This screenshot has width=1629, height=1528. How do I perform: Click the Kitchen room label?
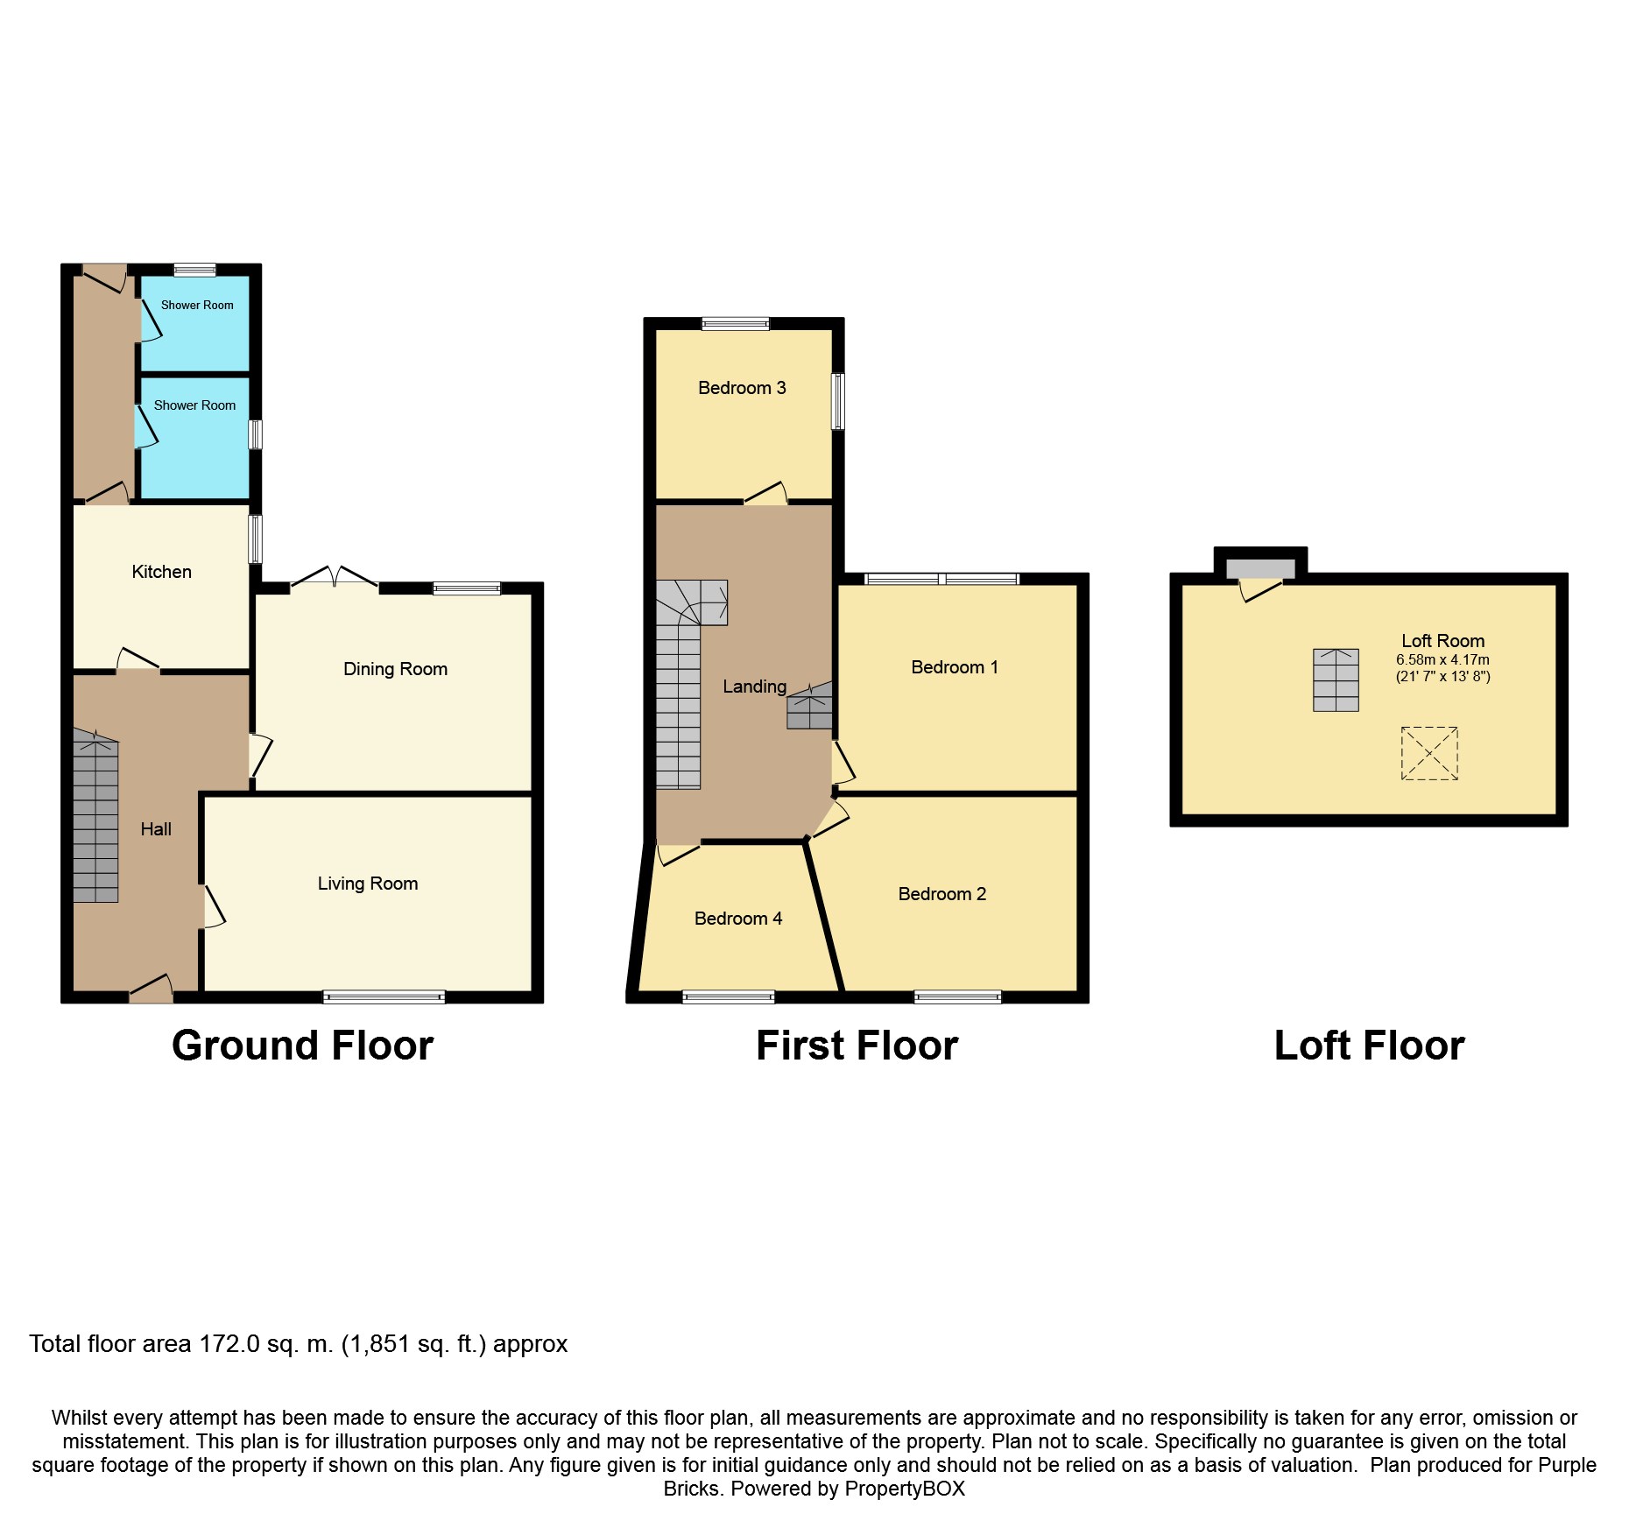[x=161, y=572]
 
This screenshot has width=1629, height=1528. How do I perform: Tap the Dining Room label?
[x=395, y=669]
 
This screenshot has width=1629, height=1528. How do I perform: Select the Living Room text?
[x=367, y=884]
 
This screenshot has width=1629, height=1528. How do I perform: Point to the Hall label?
[x=156, y=829]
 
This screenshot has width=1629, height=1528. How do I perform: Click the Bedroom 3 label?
[x=742, y=388]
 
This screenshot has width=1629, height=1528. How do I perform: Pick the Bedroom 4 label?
[x=737, y=919]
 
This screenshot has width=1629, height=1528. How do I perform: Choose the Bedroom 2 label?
[x=941, y=894]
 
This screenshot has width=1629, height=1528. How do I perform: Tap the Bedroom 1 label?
[x=954, y=667]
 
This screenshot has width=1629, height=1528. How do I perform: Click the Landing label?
[x=754, y=687]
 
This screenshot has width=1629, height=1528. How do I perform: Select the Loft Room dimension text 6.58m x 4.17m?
[x=1442, y=660]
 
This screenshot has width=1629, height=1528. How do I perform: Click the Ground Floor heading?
[x=302, y=1046]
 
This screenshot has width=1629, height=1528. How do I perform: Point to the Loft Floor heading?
[x=1369, y=1046]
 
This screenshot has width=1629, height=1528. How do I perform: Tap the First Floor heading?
[x=857, y=1046]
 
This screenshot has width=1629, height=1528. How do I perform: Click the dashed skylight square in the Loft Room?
[x=1428, y=753]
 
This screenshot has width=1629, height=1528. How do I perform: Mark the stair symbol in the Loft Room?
[x=1335, y=680]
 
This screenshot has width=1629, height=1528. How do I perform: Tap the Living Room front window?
[x=384, y=996]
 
